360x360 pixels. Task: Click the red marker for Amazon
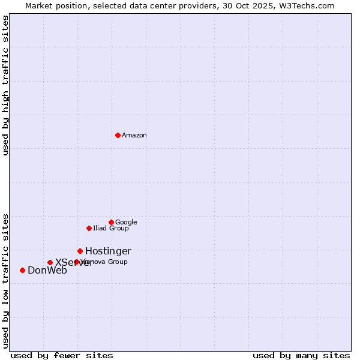[118, 135]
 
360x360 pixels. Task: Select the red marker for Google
[111, 222]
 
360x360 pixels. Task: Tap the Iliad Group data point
[89, 228]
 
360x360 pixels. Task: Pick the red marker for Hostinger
[80, 251]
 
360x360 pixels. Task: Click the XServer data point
[50, 262]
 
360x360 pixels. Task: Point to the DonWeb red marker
[22, 270]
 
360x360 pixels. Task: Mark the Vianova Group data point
[76, 262]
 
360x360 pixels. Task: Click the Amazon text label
[134, 135]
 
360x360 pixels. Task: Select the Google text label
[126, 222]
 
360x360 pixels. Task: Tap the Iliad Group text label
[111, 228]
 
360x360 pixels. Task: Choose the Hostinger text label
[108, 251]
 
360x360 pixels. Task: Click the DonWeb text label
[47, 270]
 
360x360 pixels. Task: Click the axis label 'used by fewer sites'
[62, 355]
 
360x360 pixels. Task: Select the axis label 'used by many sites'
[301, 355]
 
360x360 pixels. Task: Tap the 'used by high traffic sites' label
[5, 85]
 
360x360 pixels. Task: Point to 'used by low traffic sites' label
[5, 280]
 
